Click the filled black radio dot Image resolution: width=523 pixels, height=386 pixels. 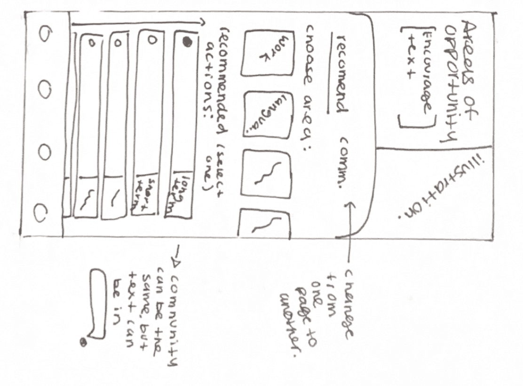(x=187, y=42)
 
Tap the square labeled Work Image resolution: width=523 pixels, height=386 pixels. (x=267, y=53)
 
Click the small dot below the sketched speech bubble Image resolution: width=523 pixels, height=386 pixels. (x=84, y=342)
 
